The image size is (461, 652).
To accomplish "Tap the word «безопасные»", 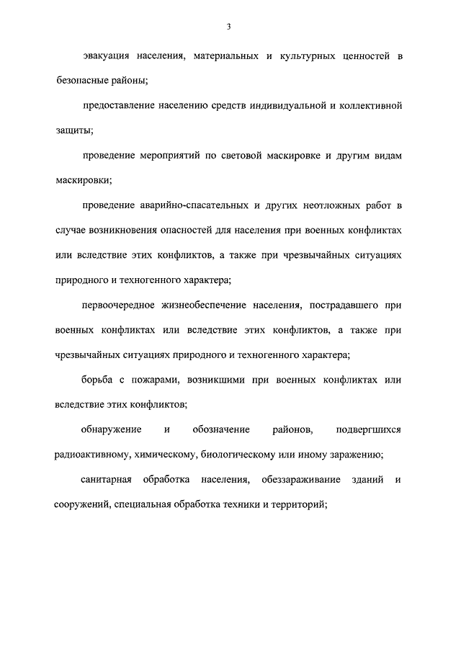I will tap(81, 81).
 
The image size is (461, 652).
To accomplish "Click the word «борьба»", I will tap(97, 380).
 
